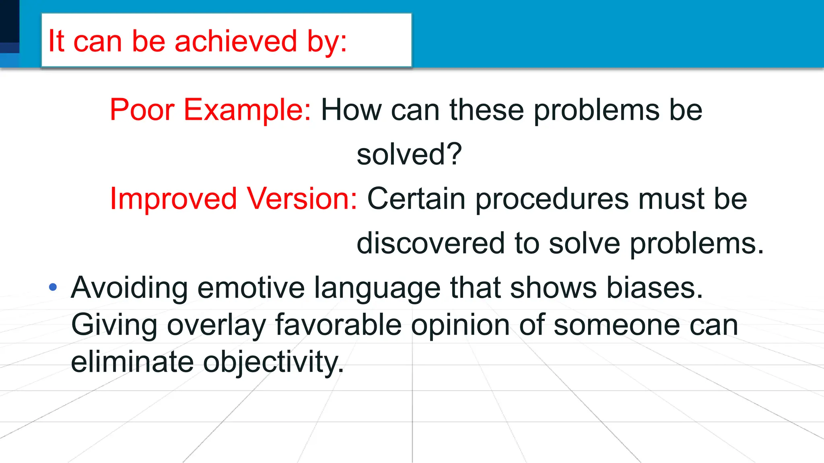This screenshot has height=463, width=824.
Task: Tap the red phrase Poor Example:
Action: (x=210, y=110)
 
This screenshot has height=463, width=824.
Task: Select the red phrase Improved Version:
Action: (x=233, y=199)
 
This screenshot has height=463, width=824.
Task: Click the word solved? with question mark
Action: (x=409, y=154)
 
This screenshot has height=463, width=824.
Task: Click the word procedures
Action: (x=552, y=199)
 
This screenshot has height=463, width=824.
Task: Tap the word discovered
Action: (x=431, y=243)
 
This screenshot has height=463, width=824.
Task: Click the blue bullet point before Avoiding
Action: (x=53, y=287)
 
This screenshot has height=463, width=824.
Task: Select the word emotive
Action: (x=251, y=288)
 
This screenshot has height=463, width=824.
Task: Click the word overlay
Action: (x=216, y=325)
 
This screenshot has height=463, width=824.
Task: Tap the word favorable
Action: (x=338, y=325)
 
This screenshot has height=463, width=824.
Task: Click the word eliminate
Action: (x=132, y=362)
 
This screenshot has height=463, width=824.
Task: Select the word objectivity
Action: (x=273, y=362)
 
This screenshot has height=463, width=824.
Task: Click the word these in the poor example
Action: (x=487, y=110)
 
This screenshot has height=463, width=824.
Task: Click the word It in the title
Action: (x=56, y=41)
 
